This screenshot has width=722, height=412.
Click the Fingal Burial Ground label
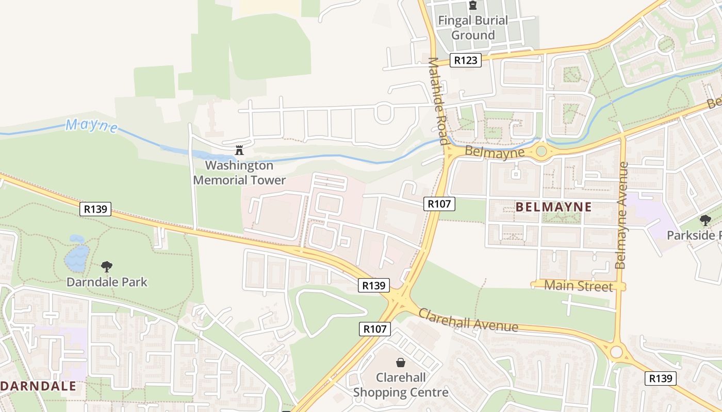pyautogui.click(x=472, y=28)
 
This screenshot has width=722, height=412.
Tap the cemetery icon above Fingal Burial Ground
pyautogui.click(x=472, y=6)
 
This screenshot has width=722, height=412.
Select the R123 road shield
pyautogui.click(x=465, y=60)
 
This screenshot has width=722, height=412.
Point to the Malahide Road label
pyautogui.click(x=437, y=100)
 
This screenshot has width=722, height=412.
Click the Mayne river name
pyautogui.click(x=91, y=126)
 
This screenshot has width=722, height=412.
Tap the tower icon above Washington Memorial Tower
pyautogui.click(x=239, y=151)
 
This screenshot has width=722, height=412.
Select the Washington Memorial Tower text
pyautogui.click(x=239, y=173)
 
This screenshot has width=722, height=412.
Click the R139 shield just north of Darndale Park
pyautogui.click(x=96, y=209)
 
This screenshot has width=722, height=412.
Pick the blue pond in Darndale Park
pyautogui.click(x=77, y=256)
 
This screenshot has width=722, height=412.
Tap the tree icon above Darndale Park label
pyautogui.click(x=107, y=267)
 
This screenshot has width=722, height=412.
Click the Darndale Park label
pyautogui.click(x=107, y=282)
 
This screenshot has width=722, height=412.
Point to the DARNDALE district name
pyautogui.click(x=39, y=386)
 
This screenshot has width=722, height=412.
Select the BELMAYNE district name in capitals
pyautogui.click(x=553, y=207)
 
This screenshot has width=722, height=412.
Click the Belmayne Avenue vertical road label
pyautogui.click(x=622, y=215)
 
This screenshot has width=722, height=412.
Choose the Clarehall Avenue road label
pyautogui.click(x=468, y=320)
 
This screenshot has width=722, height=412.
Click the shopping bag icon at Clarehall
pyautogui.click(x=400, y=363)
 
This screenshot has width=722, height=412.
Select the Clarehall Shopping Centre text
pyautogui.click(x=401, y=385)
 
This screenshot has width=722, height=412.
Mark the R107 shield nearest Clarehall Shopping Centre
pyautogui.click(x=375, y=329)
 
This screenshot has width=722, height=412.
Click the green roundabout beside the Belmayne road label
pyautogui.click(x=541, y=151)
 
